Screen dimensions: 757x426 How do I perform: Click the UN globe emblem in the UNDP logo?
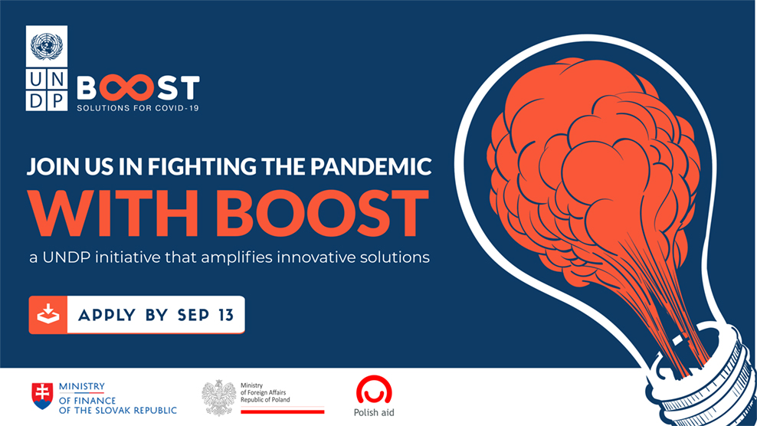46,46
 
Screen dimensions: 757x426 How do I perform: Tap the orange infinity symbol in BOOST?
127,88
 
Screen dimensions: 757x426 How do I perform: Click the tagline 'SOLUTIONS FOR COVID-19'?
138,108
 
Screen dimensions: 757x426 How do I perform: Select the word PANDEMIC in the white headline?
371,166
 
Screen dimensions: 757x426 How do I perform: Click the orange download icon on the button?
48,314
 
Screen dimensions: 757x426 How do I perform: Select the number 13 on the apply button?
225,316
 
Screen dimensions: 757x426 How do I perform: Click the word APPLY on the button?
107,316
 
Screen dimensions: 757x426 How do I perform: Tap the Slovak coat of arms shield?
42,396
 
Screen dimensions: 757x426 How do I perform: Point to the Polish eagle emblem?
218,398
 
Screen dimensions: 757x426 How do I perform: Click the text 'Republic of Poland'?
265,400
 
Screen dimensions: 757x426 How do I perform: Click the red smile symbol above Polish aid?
374,390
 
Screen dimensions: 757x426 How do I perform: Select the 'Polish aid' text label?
374,412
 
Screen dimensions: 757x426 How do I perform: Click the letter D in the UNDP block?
36,100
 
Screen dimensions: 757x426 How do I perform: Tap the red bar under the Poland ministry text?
283,412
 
